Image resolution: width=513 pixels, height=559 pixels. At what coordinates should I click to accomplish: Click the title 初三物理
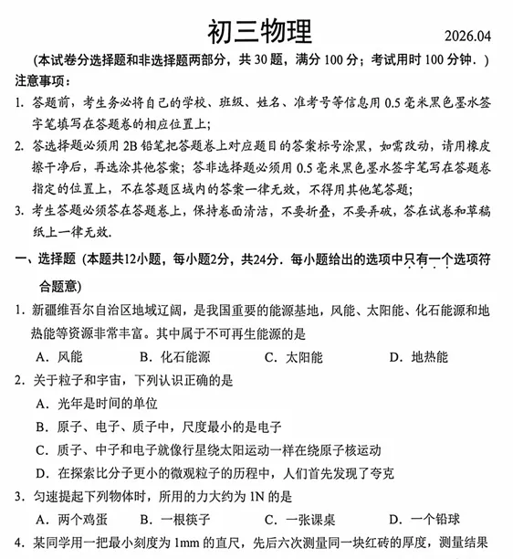259,29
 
